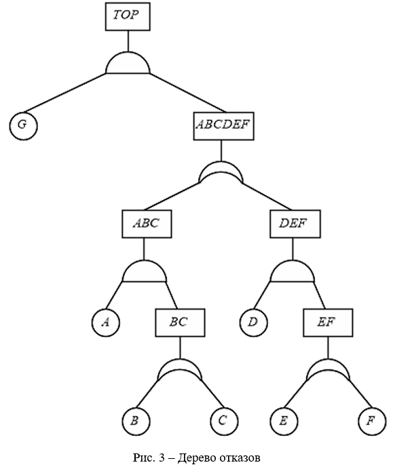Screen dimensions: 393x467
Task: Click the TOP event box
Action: click(128, 16)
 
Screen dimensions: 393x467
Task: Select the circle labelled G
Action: click(23, 125)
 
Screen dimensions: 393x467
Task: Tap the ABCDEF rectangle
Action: click(223, 126)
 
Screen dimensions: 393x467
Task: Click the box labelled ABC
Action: click(147, 224)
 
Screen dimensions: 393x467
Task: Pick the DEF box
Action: click(295, 224)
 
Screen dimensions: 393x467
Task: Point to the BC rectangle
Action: click(180, 323)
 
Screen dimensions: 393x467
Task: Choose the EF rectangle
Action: click(328, 323)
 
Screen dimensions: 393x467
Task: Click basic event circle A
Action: click(106, 323)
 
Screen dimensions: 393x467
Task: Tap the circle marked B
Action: click(136, 421)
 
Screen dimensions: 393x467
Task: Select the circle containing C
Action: click(224, 421)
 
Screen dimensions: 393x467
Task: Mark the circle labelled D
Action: click(253, 323)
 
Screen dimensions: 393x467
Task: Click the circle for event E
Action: click(284, 421)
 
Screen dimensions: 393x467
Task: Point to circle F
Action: click(372, 421)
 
